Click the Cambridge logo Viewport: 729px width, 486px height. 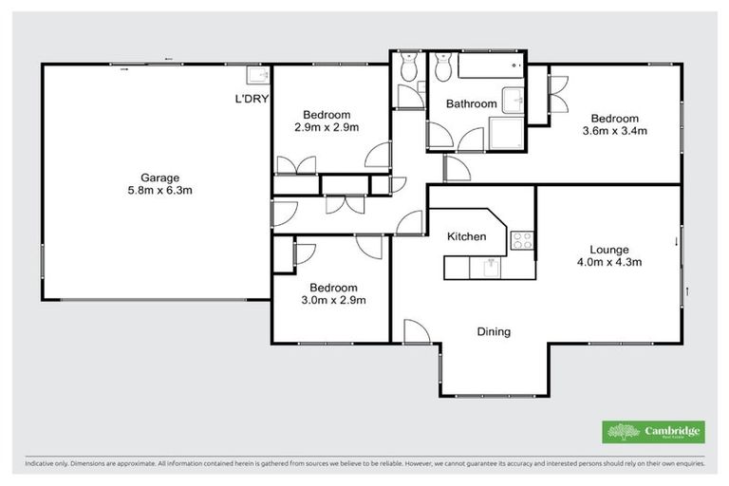(x=654, y=431)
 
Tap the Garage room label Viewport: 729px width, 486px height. (x=159, y=178)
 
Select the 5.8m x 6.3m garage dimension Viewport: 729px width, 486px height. (x=159, y=190)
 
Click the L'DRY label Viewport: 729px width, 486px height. (x=252, y=99)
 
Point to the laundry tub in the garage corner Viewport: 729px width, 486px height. (x=256, y=76)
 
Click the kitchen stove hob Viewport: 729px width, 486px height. (x=522, y=240)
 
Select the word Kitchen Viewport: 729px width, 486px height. (x=467, y=236)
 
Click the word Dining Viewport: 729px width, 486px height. (x=494, y=332)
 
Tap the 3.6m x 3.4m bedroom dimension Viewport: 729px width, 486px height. (x=615, y=131)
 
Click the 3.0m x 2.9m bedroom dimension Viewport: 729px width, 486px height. (x=333, y=300)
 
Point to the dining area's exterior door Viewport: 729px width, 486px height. (x=415, y=331)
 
